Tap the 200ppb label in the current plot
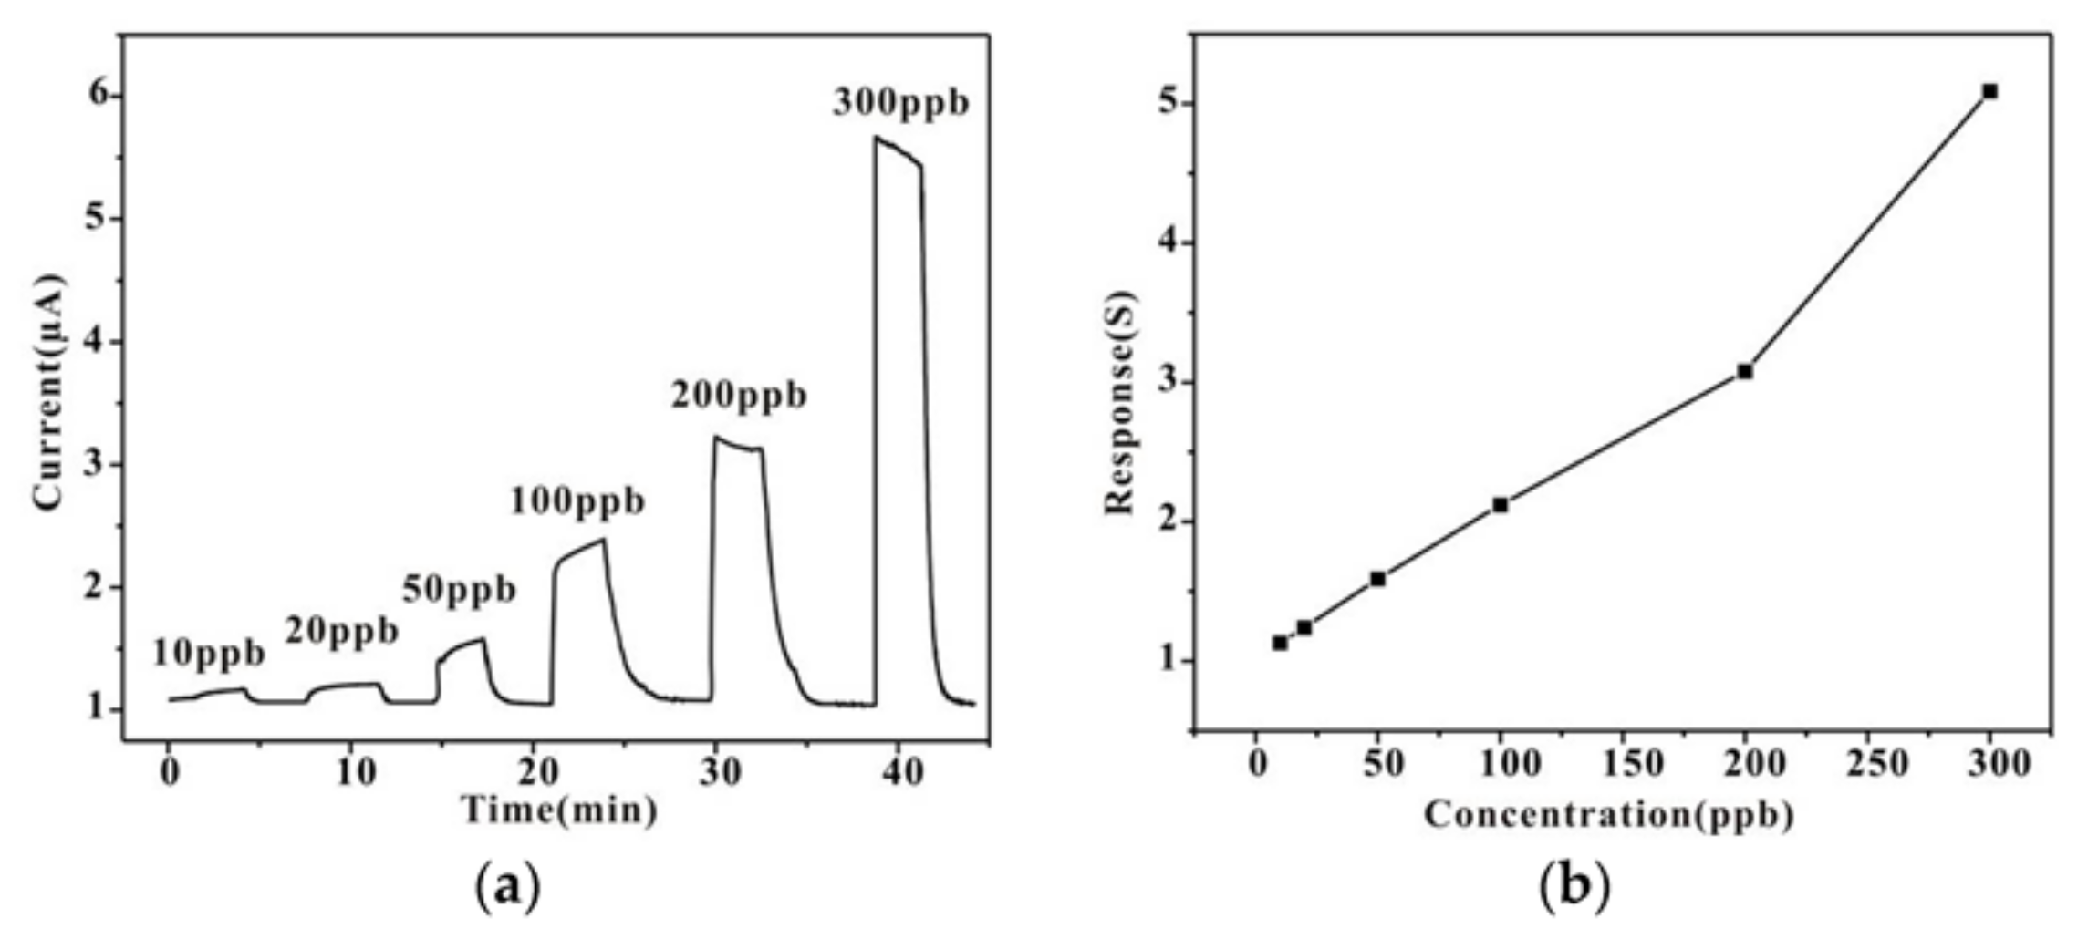(x=739, y=397)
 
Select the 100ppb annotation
(x=577, y=501)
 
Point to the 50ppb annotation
(x=459, y=591)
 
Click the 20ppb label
(x=342, y=631)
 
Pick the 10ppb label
(x=208, y=654)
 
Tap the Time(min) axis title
(x=559, y=810)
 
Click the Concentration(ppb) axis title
(x=1609, y=814)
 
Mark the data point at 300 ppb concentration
(x=1990, y=91)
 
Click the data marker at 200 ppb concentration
(x=1745, y=371)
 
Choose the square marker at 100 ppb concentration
(x=1501, y=504)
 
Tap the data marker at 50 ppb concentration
(x=1377, y=579)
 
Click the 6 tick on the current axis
(x=97, y=96)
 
